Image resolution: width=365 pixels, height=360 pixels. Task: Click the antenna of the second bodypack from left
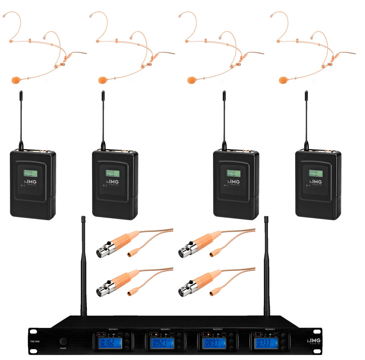[x=103, y=117]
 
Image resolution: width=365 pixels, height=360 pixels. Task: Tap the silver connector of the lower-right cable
[x=186, y=291]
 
